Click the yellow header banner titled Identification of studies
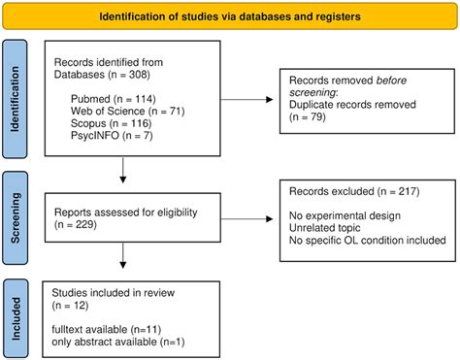[230, 16]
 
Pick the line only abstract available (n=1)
[118, 343]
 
